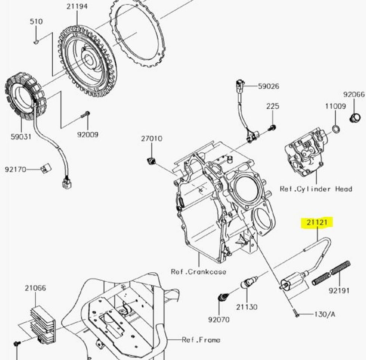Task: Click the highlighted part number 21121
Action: [x=317, y=222]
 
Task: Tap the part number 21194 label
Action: [x=77, y=6]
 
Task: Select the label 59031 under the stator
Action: [x=21, y=137]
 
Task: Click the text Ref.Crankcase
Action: [x=198, y=272]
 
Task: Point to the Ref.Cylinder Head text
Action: [x=316, y=189]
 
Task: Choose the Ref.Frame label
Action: [x=201, y=340]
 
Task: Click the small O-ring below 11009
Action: [x=336, y=128]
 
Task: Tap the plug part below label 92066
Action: [x=355, y=118]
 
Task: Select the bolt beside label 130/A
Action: [x=296, y=313]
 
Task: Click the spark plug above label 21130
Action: [x=249, y=282]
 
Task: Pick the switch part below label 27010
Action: [x=152, y=161]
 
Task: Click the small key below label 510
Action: [x=36, y=42]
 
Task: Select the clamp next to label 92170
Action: [x=46, y=168]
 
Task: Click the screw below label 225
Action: [x=272, y=128]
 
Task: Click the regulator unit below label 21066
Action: [x=43, y=324]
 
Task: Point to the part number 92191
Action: [x=339, y=291]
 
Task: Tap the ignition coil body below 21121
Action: [x=292, y=282]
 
